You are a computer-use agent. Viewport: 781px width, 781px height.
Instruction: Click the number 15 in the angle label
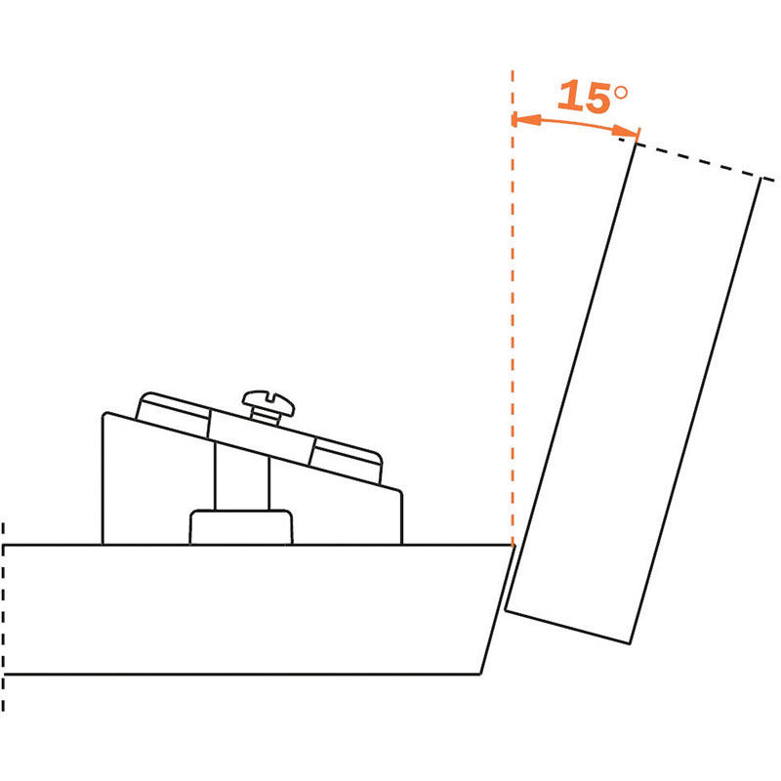pyautogui.click(x=584, y=96)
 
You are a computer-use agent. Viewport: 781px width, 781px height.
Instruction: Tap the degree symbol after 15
pyautogui.click(x=621, y=93)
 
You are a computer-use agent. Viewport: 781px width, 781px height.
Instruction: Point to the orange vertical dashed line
pyautogui.click(x=513, y=308)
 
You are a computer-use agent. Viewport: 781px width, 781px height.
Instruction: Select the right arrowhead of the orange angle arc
pyautogui.click(x=625, y=132)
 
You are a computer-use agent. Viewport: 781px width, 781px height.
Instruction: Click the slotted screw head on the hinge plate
pyautogui.click(x=267, y=402)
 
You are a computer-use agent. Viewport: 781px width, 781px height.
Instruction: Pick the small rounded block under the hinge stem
pyautogui.click(x=241, y=527)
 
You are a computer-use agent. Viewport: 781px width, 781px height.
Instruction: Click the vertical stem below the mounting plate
pyautogui.click(x=241, y=476)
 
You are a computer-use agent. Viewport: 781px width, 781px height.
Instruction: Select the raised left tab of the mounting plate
pyautogui.click(x=173, y=414)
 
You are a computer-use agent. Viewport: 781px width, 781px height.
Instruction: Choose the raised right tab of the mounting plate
pyautogui.click(x=347, y=462)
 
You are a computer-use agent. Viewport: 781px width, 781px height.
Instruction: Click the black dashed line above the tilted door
pyautogui.click(x=696, y=159)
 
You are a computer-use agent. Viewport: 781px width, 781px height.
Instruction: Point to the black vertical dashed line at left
pyautogui.click(x=3, y=617)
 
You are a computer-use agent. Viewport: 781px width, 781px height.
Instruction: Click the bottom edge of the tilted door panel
pyautogui.click(x=568, y=626)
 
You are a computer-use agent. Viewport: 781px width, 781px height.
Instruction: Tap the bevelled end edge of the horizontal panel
pyautogui.click(x=497, y=609)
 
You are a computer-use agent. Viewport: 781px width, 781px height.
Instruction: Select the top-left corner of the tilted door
pyautogui.click(x=636, y=144)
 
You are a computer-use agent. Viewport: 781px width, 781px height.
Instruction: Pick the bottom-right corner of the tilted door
pyautogui.click(x=630, y=643)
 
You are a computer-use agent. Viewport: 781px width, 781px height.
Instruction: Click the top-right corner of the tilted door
pyautogui.click(x=760, y=178)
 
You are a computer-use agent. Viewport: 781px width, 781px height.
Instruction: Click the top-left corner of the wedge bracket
pyautogui.click(x=103, y=413)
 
